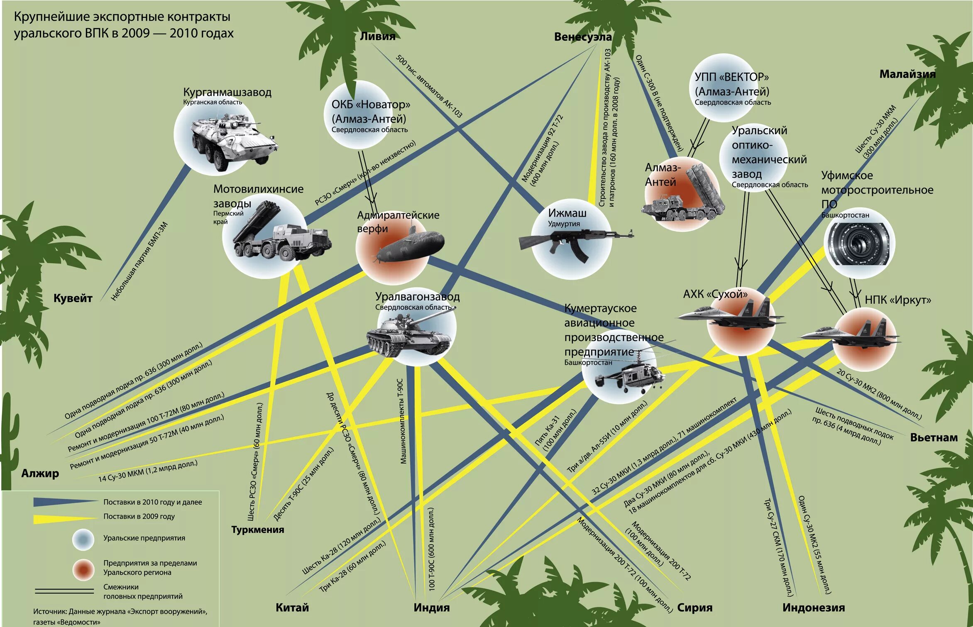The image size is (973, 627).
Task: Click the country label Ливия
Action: [x=377, y=36]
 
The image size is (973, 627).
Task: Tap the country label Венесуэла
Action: [x=583, y=37]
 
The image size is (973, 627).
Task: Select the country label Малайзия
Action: [x=907, y=74]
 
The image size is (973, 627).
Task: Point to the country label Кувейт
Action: [x=73, y=298]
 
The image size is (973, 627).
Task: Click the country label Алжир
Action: [x=40, y=473]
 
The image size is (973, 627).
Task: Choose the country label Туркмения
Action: [x=257, y=529]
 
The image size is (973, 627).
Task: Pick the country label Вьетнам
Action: [x=934, y=437]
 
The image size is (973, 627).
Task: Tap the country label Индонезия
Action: [x=814, y=607]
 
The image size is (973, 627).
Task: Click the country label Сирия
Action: [x=694, y=607]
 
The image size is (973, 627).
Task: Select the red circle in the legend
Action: [x=83, y=570]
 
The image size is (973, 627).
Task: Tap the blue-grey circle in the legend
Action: [x=83, y=539]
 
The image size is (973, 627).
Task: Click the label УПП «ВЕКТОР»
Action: [x=731, y=77]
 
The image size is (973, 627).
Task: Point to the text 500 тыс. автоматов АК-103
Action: [x=428, y=86]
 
